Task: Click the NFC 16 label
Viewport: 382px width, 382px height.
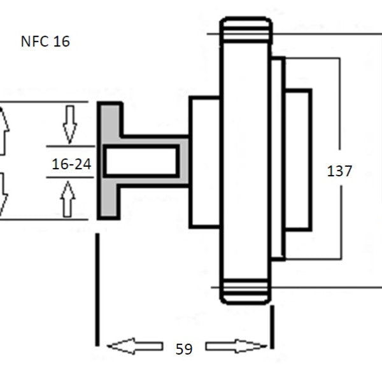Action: click(45, 41)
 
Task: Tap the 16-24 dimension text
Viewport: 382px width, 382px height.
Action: click(71, 164)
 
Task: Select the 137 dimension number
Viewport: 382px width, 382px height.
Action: click(339, 171)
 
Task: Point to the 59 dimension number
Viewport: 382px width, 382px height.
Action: click(184, 349)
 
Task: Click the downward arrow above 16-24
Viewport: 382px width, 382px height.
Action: click(70, 125)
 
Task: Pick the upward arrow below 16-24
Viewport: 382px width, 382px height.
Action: click(67, 199)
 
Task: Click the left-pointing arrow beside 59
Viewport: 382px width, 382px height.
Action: click(135, 346)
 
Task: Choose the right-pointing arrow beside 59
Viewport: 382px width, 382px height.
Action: click(236, 346)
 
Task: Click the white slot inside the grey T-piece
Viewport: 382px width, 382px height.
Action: click(141, 161)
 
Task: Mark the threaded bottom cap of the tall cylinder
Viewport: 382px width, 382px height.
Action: click(246, 292)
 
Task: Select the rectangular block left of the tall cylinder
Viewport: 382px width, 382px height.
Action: click(204, 162)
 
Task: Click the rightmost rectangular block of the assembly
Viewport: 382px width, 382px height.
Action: click(299, 160)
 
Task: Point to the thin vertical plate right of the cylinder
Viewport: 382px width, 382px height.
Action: click(278, 159)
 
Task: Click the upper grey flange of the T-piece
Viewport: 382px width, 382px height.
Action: click(111, 120)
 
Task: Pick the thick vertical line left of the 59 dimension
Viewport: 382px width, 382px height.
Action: click(97, 290)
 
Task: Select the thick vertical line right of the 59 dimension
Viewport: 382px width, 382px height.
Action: click(272, 327)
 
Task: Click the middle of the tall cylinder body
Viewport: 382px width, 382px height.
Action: click(246, 161)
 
